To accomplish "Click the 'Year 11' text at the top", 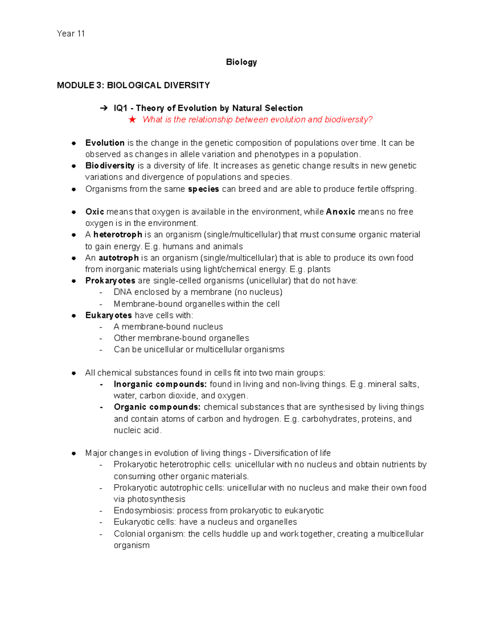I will click(x=71, y=34).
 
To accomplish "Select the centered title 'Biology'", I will click(x=241, y=62).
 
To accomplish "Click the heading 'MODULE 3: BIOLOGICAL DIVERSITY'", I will click(x=133, y=85).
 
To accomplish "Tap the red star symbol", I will click(x=132, y=120).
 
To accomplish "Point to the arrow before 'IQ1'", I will click(x=104, y=108).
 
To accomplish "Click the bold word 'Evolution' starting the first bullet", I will click(x=105, y=143).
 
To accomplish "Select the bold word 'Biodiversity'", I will click(x=110, y=166).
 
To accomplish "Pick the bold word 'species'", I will click(x=203, y=189).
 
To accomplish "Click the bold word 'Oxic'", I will click(x=95, y=212).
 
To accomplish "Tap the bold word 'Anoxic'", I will click(x=340, y=212).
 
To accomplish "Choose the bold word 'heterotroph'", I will click(x=117, y=235).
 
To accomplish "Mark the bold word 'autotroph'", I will click(x=119, y=258).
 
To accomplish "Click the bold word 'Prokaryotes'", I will click(x=110, y=281).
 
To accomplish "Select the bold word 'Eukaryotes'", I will click(x=108, y=316).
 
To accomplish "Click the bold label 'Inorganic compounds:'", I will click(x=160, y=385).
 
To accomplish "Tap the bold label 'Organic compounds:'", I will click(x=157, y=407).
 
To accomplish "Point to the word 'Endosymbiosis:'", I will click(x=144, y=511).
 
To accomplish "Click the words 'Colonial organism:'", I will click(x=150, y=534).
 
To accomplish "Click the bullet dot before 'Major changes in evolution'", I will click(x=74, y=453).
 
